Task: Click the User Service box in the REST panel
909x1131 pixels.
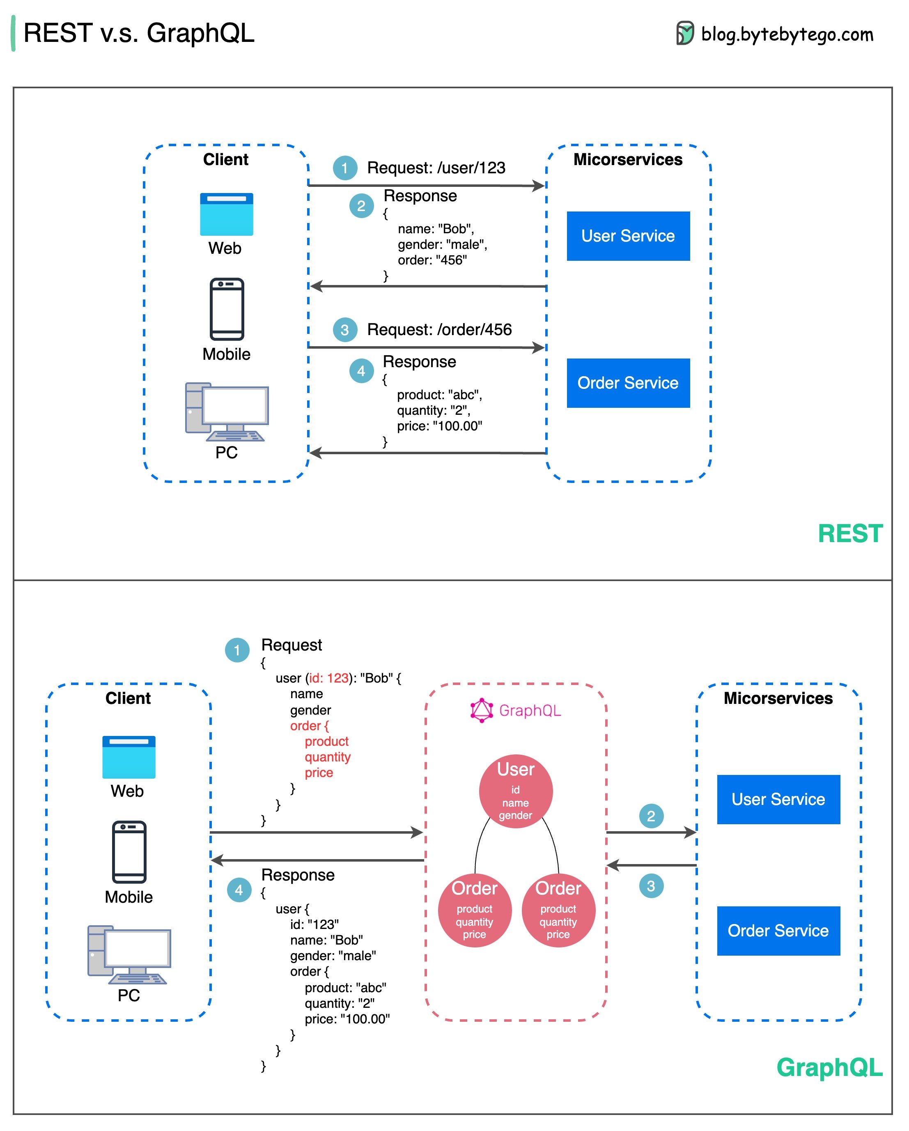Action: (x=628, y=236)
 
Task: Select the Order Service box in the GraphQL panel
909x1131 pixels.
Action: (x=778, y=931)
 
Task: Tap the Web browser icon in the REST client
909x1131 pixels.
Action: (x=226, y=214)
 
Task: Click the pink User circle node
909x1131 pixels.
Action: (x=516, y=791)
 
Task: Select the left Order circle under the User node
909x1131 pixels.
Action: (x=474, y=910)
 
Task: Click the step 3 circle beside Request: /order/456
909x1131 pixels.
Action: (x=344, y=330)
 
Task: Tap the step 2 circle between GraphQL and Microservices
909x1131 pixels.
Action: (x=651, y=816)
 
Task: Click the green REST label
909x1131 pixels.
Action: (x=850, y=533)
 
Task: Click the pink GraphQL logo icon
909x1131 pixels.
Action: (x=481, y=710)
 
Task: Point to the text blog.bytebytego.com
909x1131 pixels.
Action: (x=787, y=34)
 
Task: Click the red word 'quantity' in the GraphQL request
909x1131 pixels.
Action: (x=327, y=757)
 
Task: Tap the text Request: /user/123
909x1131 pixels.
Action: (x=436, y=168)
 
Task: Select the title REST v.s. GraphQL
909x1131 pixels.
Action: (x=139, y=33)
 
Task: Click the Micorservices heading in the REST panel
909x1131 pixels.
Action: (x=627, y=159)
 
